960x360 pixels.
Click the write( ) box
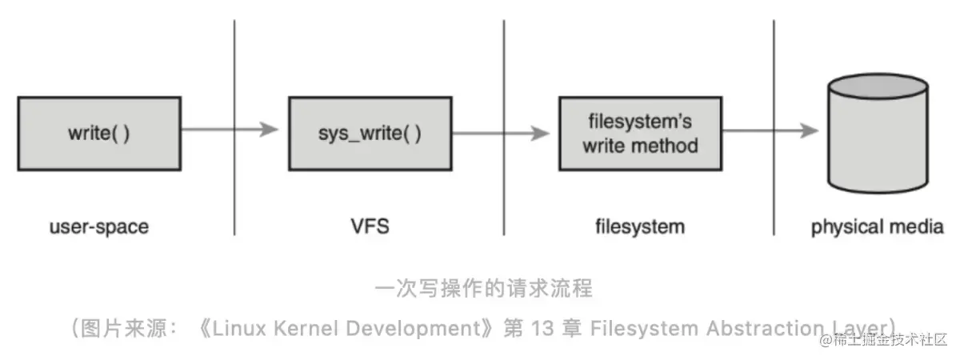point(98,132)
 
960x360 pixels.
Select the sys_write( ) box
point(369,132)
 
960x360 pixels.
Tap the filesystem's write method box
point(639,134)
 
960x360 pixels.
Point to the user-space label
point(98,226)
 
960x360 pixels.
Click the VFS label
point(369,226)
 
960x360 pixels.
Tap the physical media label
point(878,227)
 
